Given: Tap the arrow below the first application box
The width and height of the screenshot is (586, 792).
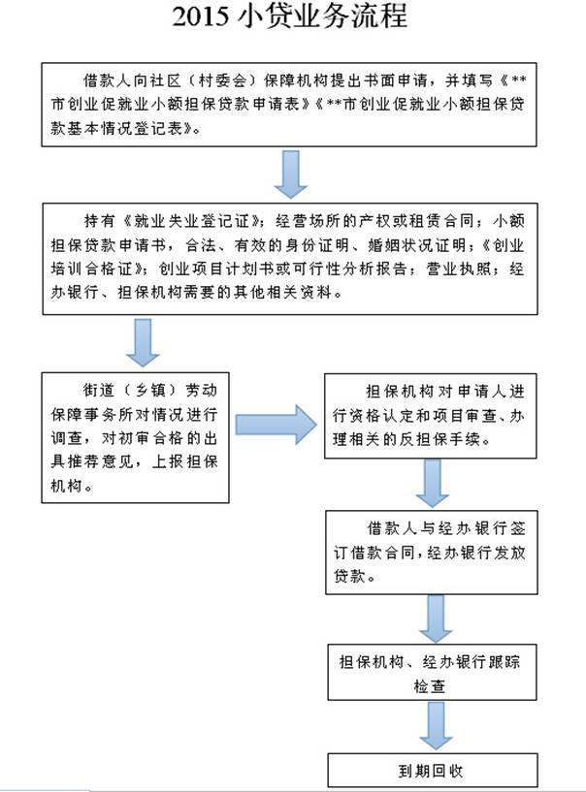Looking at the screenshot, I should click(289, 173).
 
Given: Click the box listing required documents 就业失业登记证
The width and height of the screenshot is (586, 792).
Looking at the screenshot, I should click(289, 257).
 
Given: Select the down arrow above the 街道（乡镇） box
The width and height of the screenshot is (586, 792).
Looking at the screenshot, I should click(144, 341).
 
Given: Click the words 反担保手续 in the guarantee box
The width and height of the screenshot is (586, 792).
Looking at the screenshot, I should click(455, 438).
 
